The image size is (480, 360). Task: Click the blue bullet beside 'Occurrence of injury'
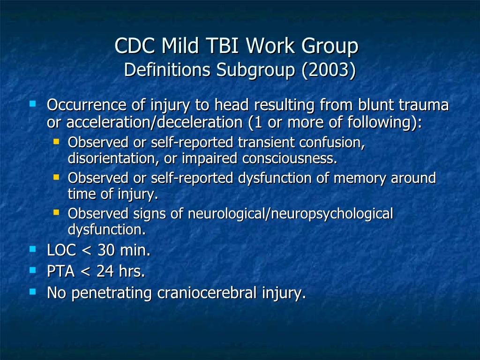[x=32, y=103]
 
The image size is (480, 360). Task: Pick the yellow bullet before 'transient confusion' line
[x=56, y=140]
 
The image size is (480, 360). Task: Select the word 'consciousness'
[x=289, y=158]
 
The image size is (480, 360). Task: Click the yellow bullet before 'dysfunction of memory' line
[x=56, y=176]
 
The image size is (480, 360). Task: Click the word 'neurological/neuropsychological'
[x=290, y=214]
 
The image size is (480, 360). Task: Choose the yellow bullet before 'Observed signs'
[x=56, y=212]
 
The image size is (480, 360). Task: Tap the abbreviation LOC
[x=61, y=250]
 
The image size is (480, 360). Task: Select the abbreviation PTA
[x=61, y=271]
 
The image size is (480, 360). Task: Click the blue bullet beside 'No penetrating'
[x=32, y=291]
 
